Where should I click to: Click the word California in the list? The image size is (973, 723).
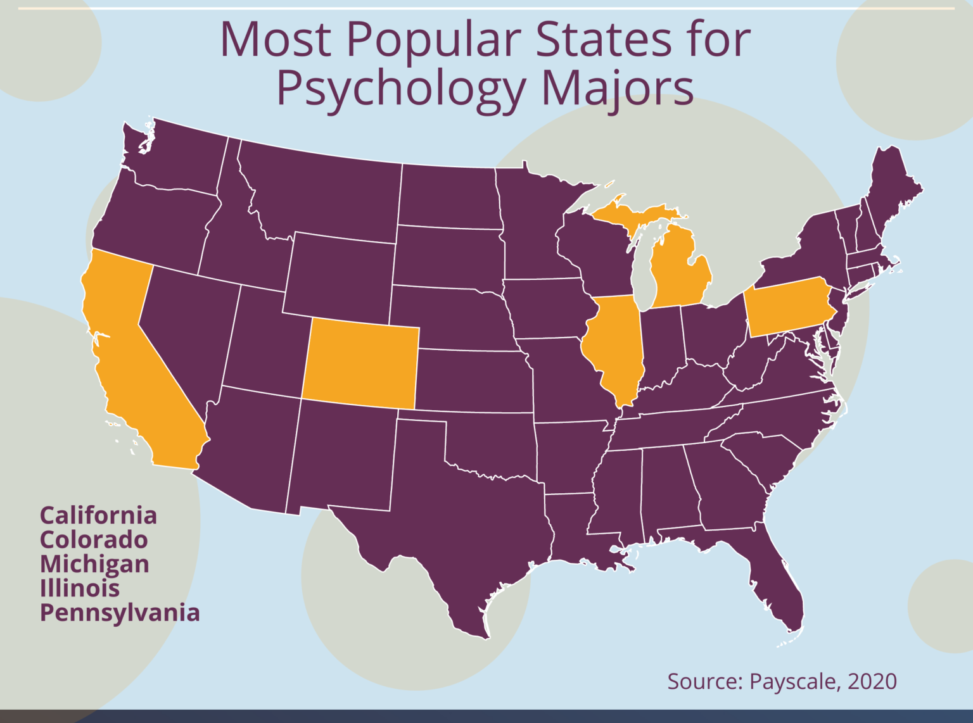(98, 515)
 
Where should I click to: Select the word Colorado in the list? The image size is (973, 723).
(94, 539)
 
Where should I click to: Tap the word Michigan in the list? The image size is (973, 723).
(94, 564)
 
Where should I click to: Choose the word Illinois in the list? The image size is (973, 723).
(80, 588)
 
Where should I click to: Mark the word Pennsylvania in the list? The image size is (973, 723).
(120, 613)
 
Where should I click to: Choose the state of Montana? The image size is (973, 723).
(323, 190)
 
